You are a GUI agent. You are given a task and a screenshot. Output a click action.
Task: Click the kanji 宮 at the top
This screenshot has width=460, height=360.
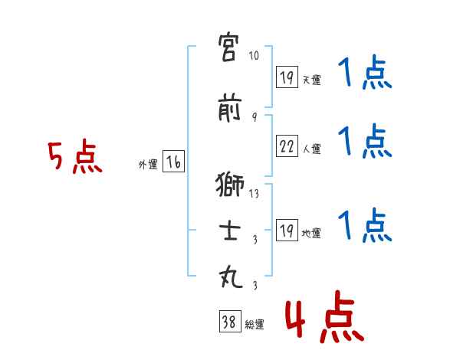(228, 47)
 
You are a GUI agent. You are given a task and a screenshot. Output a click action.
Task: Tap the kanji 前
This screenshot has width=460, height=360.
(230, 107)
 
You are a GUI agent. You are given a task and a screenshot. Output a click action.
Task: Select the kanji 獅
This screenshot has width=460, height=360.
(230, 185)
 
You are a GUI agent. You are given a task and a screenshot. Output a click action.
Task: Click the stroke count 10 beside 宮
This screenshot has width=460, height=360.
(254, 56)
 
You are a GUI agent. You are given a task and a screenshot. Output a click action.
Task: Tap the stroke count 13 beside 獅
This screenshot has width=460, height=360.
(254, 194)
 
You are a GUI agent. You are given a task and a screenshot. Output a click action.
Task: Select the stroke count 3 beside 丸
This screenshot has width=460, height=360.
(255, 285)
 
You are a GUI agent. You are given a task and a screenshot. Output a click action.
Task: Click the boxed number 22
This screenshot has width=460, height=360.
(287, 146)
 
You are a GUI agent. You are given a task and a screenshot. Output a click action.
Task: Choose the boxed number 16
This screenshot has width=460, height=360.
(173, 162)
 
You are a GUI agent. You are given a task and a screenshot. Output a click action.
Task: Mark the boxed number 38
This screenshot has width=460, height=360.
(230, 321)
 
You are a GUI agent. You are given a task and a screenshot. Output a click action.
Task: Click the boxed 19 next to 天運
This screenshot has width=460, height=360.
(287, 77)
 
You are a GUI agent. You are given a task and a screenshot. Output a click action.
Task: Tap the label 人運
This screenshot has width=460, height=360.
(312, 149)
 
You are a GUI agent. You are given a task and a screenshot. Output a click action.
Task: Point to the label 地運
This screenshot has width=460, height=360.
(311, 234)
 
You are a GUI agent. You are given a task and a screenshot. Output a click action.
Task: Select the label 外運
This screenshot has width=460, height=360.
(148, 165)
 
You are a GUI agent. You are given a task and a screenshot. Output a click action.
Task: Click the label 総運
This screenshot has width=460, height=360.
(255, 325)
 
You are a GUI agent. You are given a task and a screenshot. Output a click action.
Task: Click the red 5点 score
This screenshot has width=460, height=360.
(75, 156)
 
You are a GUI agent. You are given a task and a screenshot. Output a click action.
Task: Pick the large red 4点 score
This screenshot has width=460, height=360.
(324, 317)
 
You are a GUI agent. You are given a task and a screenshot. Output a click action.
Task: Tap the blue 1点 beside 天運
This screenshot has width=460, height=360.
(365, 73)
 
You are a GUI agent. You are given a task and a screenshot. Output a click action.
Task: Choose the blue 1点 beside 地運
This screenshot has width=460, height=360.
(365, 225)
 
